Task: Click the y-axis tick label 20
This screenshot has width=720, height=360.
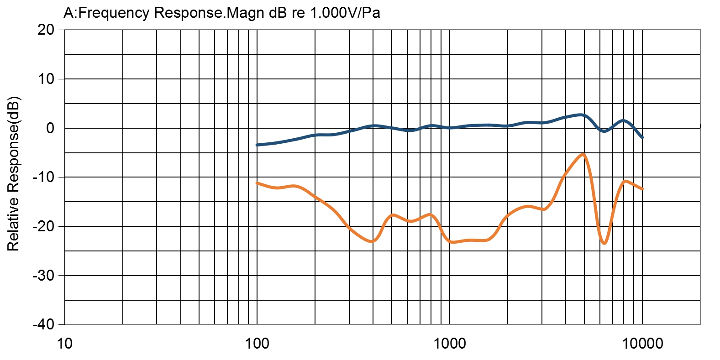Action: (46, 30)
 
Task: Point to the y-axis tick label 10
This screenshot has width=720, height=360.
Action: (46, 79)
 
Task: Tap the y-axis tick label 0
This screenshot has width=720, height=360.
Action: (50, 128)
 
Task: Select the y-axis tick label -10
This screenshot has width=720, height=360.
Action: (43, 177)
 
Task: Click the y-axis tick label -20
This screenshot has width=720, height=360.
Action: (43, 226)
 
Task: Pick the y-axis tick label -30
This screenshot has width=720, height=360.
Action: (43, 276)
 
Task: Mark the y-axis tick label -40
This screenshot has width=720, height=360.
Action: (43, 324)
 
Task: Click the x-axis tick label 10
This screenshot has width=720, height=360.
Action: (64, 343)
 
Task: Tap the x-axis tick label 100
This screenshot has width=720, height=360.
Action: (257, 343)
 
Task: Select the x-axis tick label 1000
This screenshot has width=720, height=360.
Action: (450, 343)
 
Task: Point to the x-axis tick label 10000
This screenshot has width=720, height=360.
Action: (642, 343)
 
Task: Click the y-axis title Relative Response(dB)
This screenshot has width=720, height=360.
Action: (13, 173)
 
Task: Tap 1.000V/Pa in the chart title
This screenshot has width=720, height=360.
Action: (345, 13)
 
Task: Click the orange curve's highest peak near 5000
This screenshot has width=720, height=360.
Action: (583, 154)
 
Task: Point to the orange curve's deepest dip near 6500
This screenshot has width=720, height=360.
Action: (604, 243)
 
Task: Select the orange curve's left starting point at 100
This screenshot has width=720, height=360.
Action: (257, 183)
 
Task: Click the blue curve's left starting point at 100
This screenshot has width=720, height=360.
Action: (257, 145)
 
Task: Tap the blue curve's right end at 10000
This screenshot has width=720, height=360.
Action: (642, 137)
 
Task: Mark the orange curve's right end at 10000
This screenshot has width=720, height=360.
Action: (642, 189)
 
